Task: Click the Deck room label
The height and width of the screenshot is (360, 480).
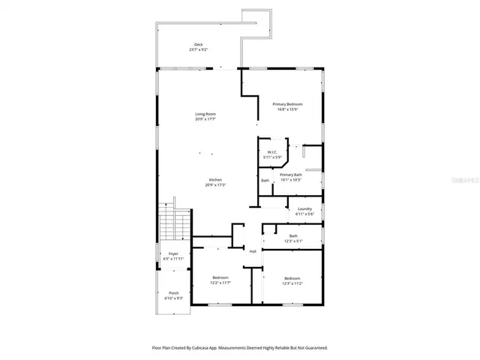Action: [199, 45]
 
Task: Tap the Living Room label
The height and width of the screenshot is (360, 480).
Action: [205, 114]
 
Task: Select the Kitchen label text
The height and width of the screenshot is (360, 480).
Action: [215, 180]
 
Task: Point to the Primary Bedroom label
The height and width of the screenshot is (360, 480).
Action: [287, 104]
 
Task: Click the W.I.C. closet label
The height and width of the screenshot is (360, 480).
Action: [273, 152]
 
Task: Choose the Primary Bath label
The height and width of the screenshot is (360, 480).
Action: [291, 175]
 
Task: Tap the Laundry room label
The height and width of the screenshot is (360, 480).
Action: [304, 209]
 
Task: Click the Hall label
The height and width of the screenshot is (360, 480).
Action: [253, 251]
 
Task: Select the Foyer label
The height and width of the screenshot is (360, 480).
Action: [173, 254]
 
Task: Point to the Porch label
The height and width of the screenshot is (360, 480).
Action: [173, 292]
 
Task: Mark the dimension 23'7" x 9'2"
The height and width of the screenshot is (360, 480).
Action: [199, 50]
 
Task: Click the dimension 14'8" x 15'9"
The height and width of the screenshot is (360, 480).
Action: [287, 109]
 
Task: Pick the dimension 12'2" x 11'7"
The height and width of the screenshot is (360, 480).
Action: [220, 283]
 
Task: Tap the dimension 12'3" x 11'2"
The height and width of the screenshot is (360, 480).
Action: [292, 283]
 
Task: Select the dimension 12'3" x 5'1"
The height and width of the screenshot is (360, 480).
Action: [293, 241]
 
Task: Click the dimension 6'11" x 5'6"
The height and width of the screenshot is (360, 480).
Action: [304, 214]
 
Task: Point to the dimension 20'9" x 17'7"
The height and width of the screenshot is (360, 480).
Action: [205, 119]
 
